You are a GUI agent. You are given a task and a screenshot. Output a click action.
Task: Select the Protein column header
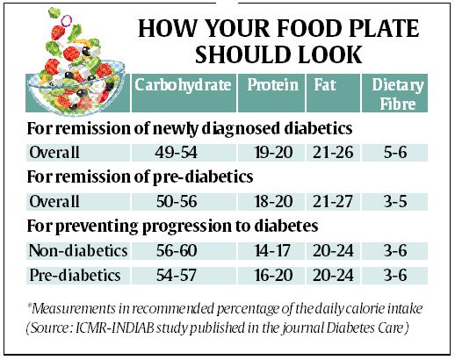pos(273,85)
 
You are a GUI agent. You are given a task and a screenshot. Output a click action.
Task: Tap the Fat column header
pos(323,85)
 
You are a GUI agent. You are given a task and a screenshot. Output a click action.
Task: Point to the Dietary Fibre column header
pos(398,94)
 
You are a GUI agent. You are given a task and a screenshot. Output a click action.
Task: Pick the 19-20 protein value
pos(273,152)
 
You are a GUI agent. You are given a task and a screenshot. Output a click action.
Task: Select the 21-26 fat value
pos(336,152)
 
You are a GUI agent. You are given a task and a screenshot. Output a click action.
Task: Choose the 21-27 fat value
pos(336,201)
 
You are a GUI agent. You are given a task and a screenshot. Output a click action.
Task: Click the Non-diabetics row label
pos(77,251)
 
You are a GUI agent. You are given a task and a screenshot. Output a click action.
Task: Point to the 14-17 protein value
pos(273,251)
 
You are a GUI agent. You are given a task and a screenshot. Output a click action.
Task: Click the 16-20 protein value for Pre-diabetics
pos(273,276)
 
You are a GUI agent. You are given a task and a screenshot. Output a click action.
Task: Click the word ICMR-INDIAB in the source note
pos(118,330)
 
